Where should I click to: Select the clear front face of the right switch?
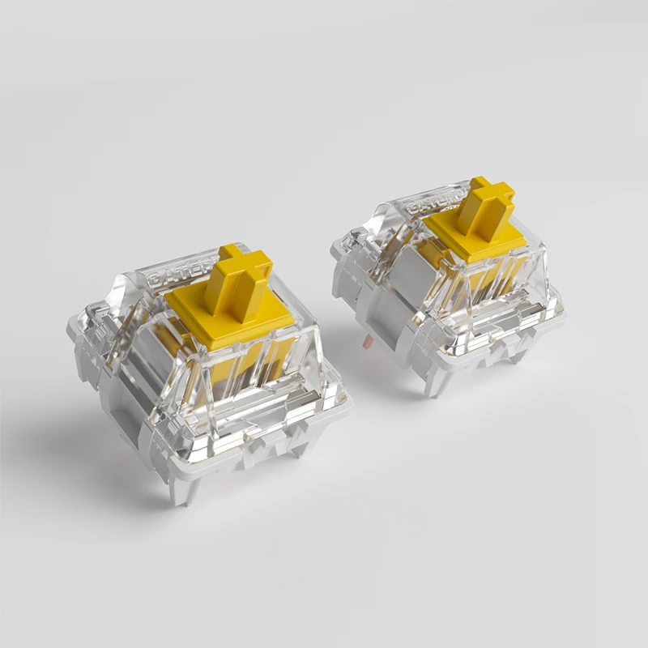486,300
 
